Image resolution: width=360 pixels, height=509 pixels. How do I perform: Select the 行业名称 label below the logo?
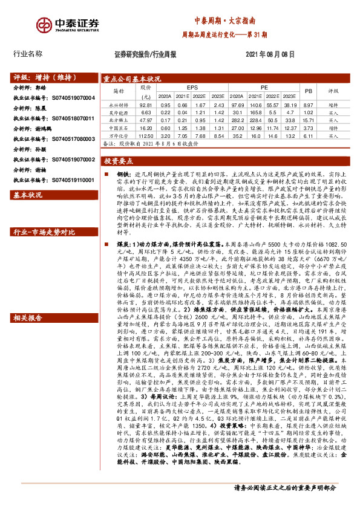pos(28,54)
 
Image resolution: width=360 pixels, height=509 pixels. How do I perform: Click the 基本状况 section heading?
pos(28,195)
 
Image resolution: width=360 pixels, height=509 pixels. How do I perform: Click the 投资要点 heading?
pos(119,162)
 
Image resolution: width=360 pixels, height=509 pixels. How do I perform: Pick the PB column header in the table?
pos(308,91)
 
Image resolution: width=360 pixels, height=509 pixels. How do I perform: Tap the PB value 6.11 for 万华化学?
pos(308,136)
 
